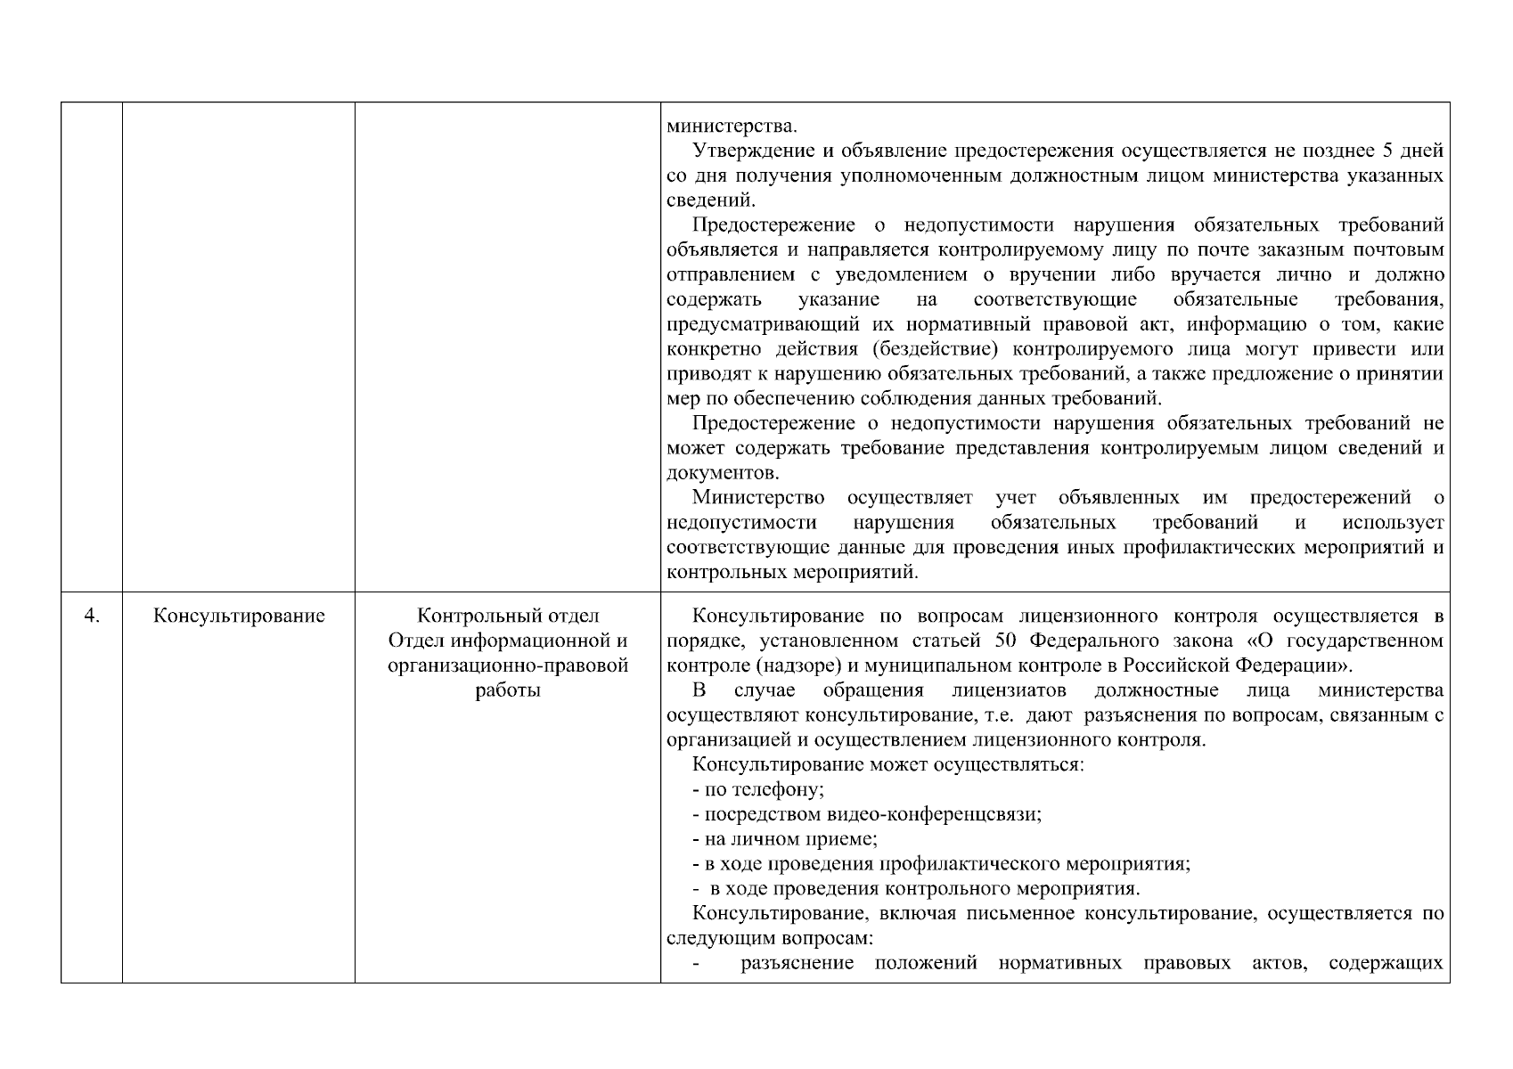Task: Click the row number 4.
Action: pyautogui.click(x=91, y=616)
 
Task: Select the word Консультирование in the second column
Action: pyautogui.click(x=238, y=616)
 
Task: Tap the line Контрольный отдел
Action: pyautogui.click(x=508, y=616)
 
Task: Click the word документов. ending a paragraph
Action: pyautogui.click(x=723, y=473)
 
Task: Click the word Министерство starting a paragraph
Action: pyautogui.click(x=757, y=497)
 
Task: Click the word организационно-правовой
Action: pyautogui.click(x=508, y=666)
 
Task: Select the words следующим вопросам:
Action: pyautogui.click(x=769, y=939)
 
